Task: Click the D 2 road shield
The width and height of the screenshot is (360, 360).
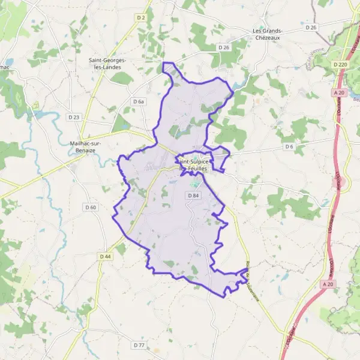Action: (141, 18)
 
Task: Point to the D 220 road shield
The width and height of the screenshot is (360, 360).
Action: (340, 64)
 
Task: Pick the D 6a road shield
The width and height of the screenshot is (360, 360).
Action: (139, 102)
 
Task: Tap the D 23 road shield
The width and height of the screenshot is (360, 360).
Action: (74, 117)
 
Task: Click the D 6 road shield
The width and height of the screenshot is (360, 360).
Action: (290, 146)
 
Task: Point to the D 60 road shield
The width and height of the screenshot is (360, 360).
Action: (91, 208)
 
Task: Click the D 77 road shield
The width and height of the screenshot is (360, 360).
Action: (139, 345)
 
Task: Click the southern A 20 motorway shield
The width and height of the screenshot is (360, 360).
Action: (327, 284)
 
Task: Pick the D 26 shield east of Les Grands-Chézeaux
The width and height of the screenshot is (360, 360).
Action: (310, 28)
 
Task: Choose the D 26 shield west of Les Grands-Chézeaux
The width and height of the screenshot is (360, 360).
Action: (224, 47)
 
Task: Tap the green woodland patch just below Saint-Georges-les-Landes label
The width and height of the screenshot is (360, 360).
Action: (122, 78)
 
